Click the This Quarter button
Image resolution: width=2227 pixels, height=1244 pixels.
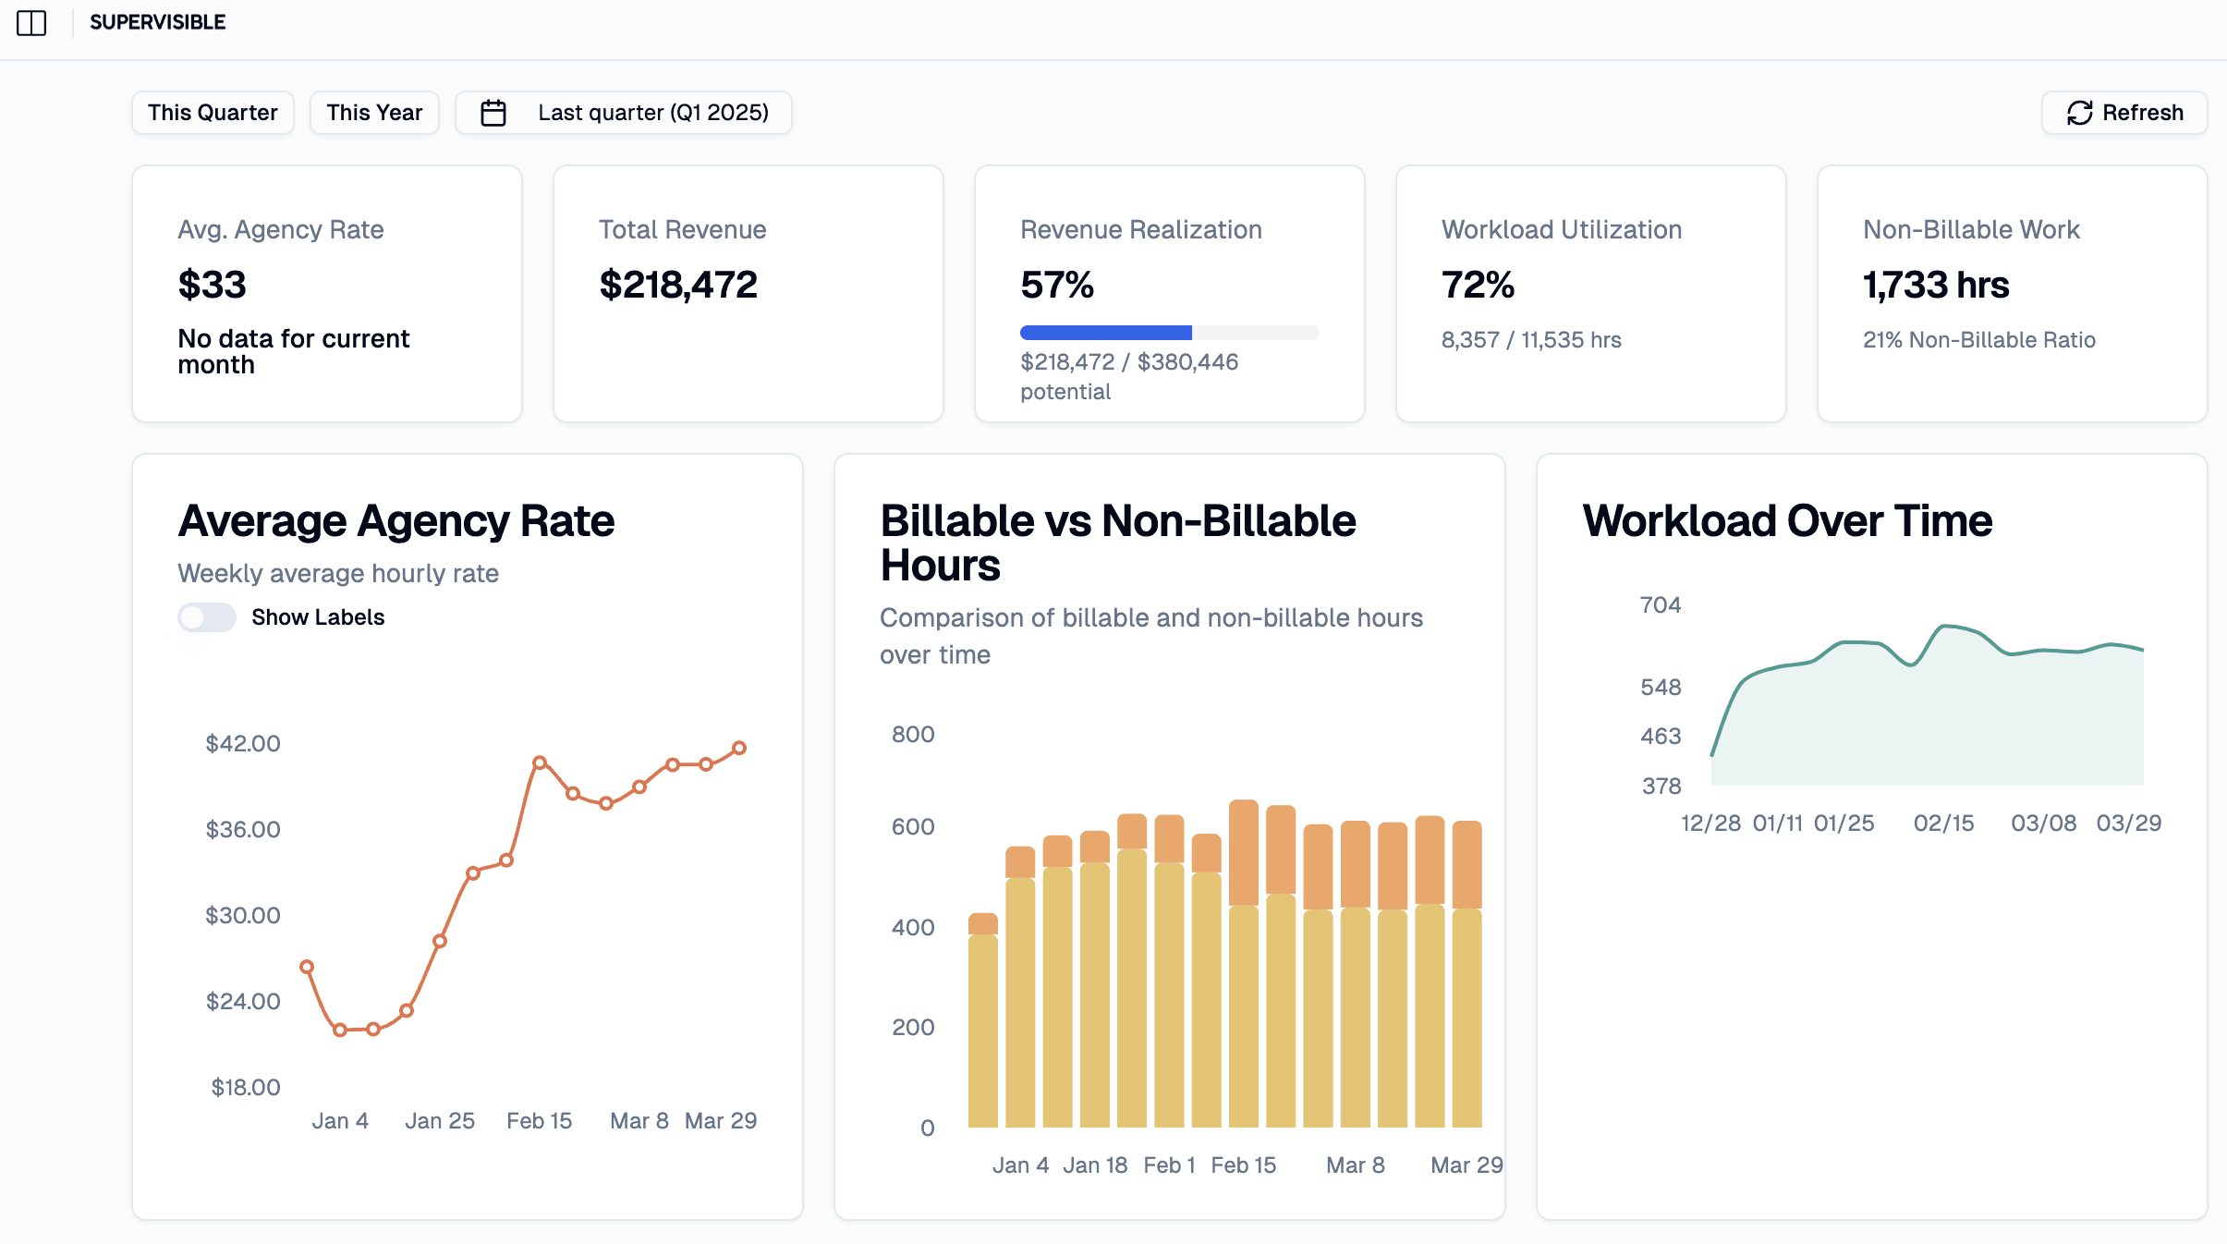(x=213, y=113)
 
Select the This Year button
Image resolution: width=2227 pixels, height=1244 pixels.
(x=374, y=113)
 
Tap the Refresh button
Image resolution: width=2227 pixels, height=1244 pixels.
(x=2124, y=113)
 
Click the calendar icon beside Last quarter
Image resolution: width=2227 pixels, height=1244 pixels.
(x=493, y=113)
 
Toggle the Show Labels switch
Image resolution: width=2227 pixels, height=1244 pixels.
(x=207, y=617)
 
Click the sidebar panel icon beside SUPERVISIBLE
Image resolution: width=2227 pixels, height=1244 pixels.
(x=31, y=22)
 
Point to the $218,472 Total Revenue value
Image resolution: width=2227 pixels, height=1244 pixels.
(x=678, y=285)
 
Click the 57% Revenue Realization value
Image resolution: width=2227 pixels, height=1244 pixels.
(x=1057, y=285)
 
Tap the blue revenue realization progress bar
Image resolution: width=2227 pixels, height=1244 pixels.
(x=1106, y=333)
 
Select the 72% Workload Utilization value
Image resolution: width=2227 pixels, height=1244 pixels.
(x=1479, y=285)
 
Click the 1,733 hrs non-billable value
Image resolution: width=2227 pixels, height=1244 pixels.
(x=1936, y=285)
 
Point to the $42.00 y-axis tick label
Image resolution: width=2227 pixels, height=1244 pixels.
(x=243, y=743)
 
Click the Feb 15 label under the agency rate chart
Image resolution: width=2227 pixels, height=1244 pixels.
(x=540, y=1120)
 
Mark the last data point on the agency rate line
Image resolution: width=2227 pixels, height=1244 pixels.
(x=739, y=748)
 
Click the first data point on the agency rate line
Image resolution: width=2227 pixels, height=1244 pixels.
(x=307, y=967)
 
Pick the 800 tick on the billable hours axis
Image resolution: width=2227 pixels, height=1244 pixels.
(x=913, y=734)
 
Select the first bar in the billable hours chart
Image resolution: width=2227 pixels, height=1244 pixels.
(x=983, y=1020)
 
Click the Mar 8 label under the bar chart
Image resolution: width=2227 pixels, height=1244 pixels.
(x=1356, y=1165)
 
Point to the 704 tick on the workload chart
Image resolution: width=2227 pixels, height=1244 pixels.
(x=1661, y=604)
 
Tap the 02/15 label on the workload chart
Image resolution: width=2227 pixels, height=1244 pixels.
(x=1944, y=823)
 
